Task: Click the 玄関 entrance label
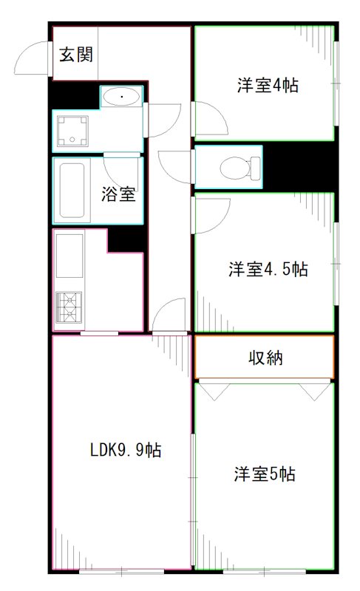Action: (x=75, y=54)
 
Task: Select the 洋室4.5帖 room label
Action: (x=268, y=269)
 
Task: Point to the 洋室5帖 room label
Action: (x=265, y=474)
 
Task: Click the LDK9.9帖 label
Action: (x=126, y=450)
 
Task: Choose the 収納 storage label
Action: (x=265, y=359)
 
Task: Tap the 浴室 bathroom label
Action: (x=118, y=195)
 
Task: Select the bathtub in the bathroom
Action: (x=73, y=190)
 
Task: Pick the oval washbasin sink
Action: (x=120, y=96)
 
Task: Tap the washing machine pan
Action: (x=73, y=131)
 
